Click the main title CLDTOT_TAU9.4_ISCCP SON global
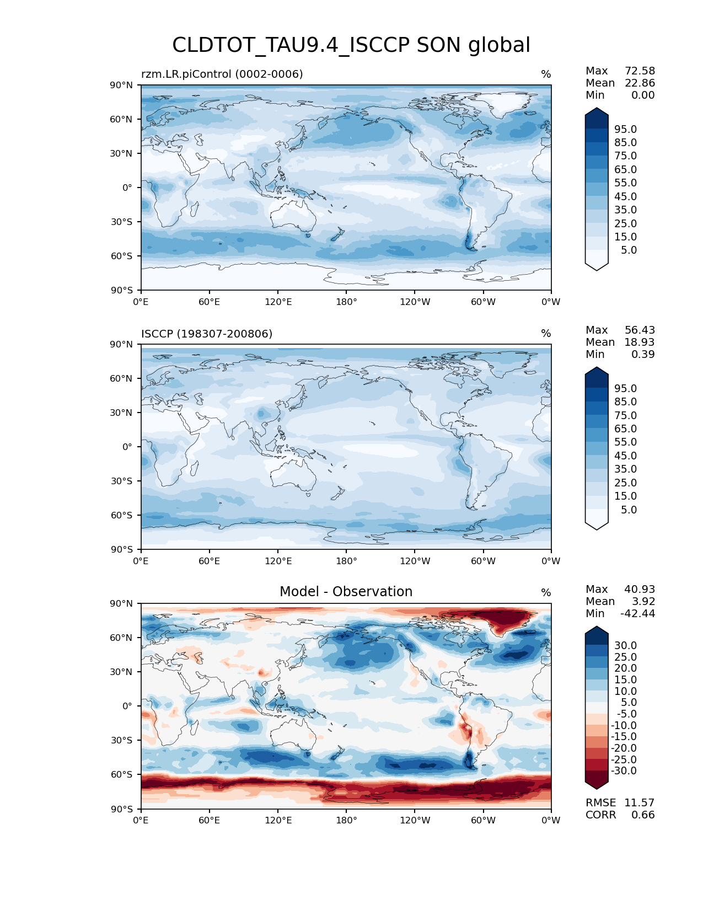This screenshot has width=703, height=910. click(x=351, y=45)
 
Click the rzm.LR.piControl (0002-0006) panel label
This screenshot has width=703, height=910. click(x=222, y=74)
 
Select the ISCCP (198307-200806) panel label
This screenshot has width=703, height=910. click(x=207, y=334)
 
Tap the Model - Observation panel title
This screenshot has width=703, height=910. click(x=346, y=592)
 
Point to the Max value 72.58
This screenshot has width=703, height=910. click(x=640, y=71)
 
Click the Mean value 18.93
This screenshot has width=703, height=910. click(x=640, y=342)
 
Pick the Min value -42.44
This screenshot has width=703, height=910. click(x=638, y=614)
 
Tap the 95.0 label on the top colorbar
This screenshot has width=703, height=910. click(x=626, y=130)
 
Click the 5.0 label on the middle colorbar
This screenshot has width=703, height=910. click(x=629, y=510)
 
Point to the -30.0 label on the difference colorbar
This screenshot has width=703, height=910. click(x=624, y=771)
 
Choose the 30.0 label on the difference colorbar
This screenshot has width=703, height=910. click(x=626, y=646)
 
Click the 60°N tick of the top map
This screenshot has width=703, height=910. click(x=124, y=119)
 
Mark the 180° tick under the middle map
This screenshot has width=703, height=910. click(x=346, y=561)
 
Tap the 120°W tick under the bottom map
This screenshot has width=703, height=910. click(x=415, y=821)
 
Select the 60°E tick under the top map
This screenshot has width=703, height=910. click(x=210, y=302)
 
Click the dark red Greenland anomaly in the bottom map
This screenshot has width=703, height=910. click(x=505, y=620)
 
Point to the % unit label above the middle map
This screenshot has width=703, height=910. click(x=546, y=334)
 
